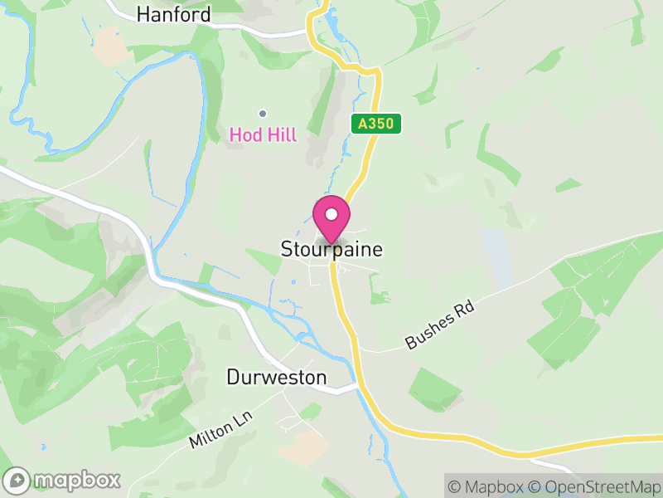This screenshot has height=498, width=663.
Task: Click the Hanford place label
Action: [x=173, y=14]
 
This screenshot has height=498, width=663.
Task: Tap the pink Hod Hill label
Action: [x=263, y=134]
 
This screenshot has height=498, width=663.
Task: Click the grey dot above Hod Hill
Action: [x=263, y=114]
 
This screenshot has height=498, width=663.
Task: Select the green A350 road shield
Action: [x=375, y=124]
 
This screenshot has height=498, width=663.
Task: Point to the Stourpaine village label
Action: [x=331, y=249]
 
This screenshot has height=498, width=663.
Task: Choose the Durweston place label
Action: [x=277, y=378]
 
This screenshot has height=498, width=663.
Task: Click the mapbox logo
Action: [x=64, y=480]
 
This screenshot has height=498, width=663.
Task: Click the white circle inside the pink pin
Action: [x=331, y=214]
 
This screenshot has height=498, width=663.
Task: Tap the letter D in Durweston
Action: [x=233, y=378]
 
